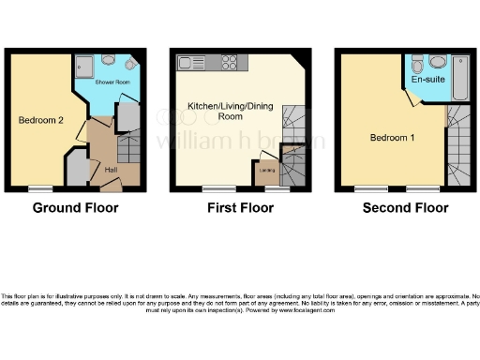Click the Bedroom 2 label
pos(40,120)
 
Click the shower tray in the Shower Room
pos(83,67)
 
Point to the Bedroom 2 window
pos(38,190)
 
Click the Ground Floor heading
pos(76,208)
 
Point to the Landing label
pos(267,170)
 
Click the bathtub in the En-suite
pos(460,80)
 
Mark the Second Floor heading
pos(405,208)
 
